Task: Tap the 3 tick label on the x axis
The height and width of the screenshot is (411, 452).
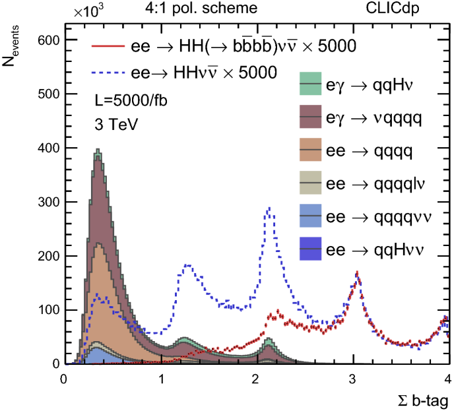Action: click(x=352, y=379)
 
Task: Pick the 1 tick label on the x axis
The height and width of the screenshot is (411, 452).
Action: click(x=160, y=379)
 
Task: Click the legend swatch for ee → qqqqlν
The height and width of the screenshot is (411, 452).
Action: click(x=310, y=183)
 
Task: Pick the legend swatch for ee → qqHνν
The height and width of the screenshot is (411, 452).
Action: click(x=310, y=248)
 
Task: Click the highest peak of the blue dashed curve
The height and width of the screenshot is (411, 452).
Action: click(x=269, y=208)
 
